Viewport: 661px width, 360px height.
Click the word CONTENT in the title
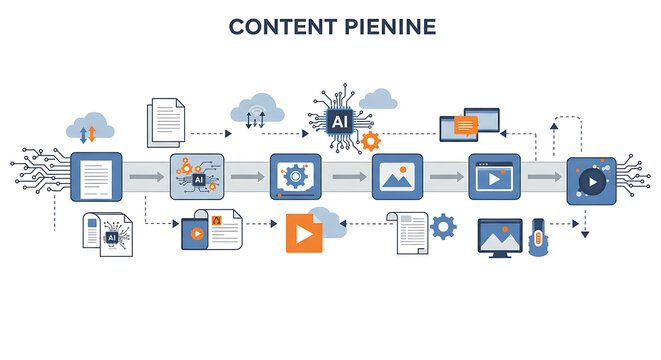point(275,26)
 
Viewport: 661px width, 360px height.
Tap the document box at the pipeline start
point(96,178)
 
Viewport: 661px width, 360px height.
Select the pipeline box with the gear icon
point(295,178)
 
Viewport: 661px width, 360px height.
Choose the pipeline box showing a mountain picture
point(396,178)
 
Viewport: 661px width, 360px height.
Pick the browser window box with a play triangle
point(494,178)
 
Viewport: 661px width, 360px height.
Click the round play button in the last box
point(592,182)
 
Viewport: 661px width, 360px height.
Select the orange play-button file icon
point(304,232)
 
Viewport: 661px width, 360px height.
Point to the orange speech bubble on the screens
point(465,125)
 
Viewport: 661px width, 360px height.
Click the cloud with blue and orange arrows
point(88,129)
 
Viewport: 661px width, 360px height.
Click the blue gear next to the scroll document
point(443,228)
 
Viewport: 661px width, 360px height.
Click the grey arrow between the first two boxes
point(146,178)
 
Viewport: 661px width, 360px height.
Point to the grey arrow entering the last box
point(544,178)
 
